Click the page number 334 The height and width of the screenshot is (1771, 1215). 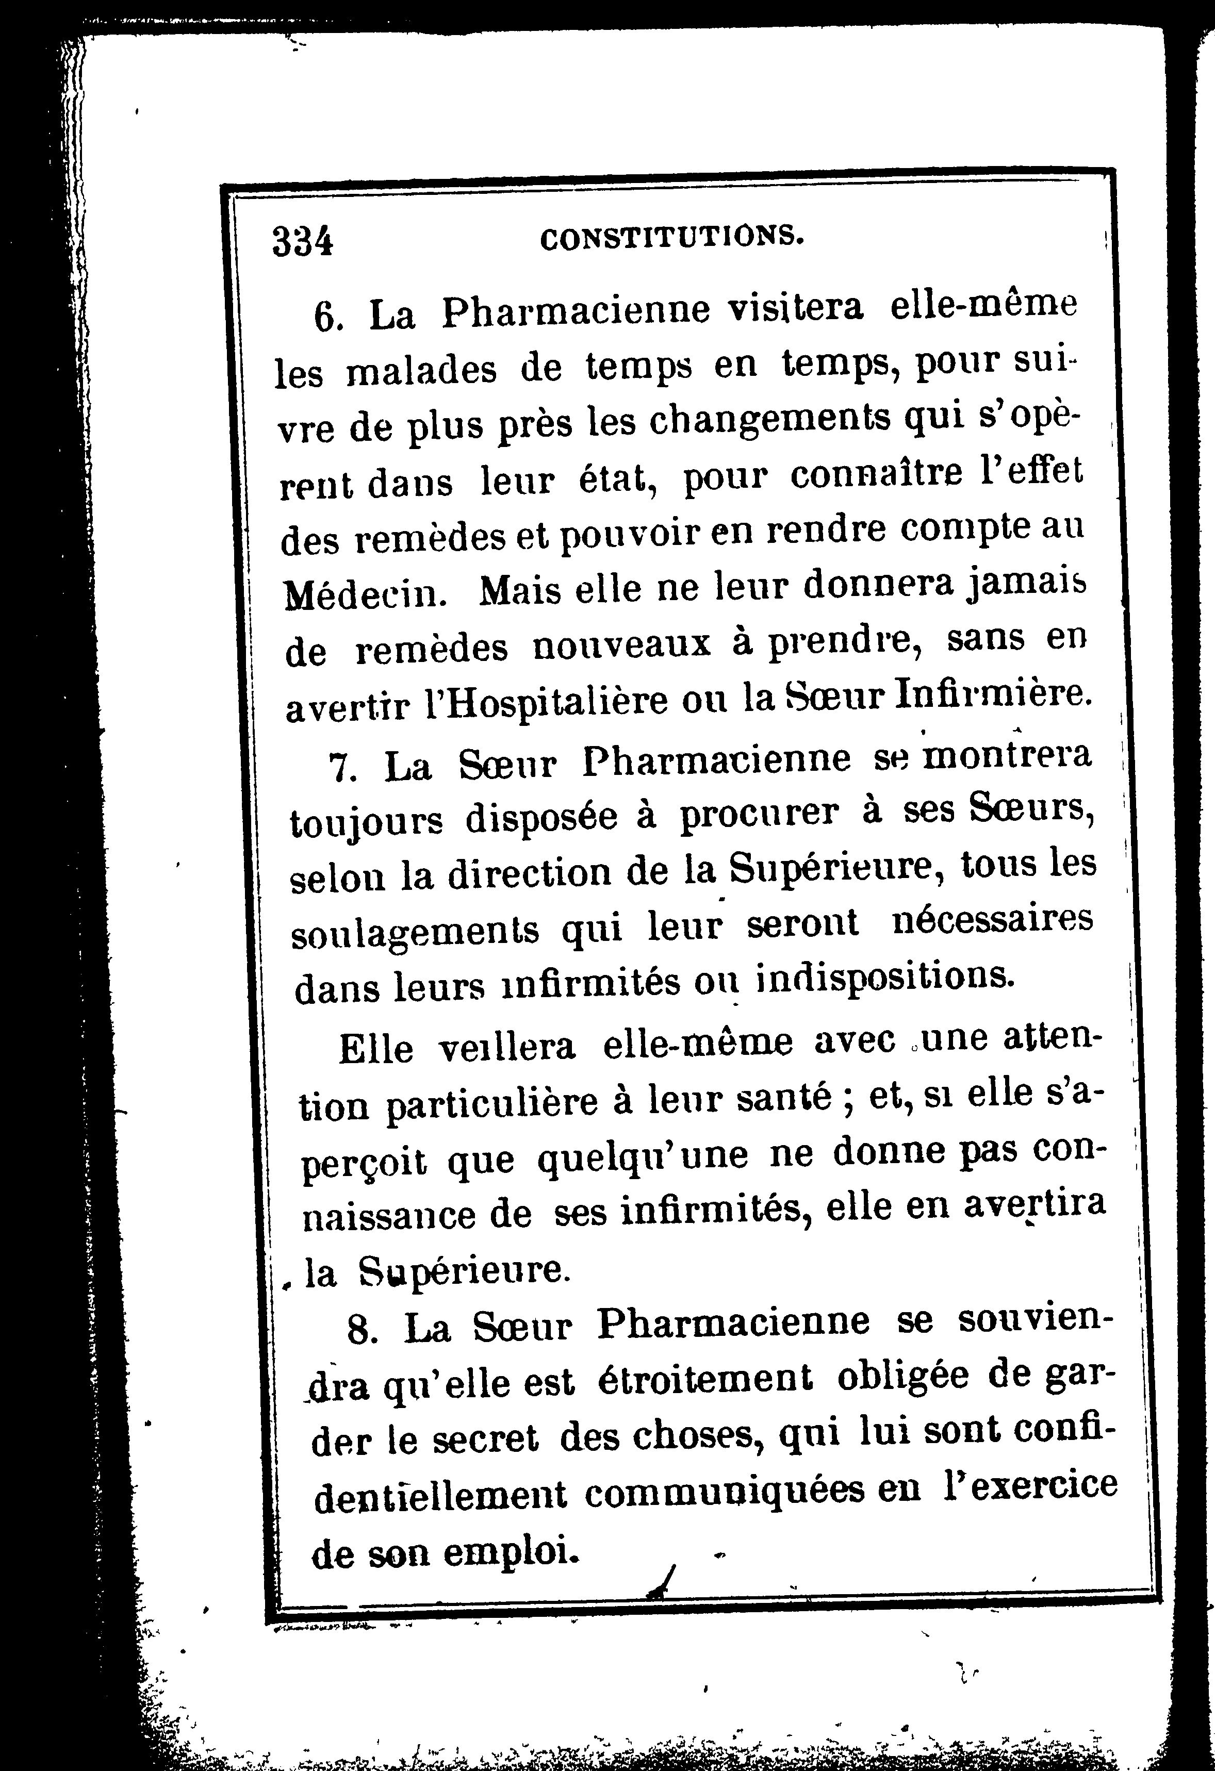coord(303,242)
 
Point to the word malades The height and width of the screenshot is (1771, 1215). coord(421,372)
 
